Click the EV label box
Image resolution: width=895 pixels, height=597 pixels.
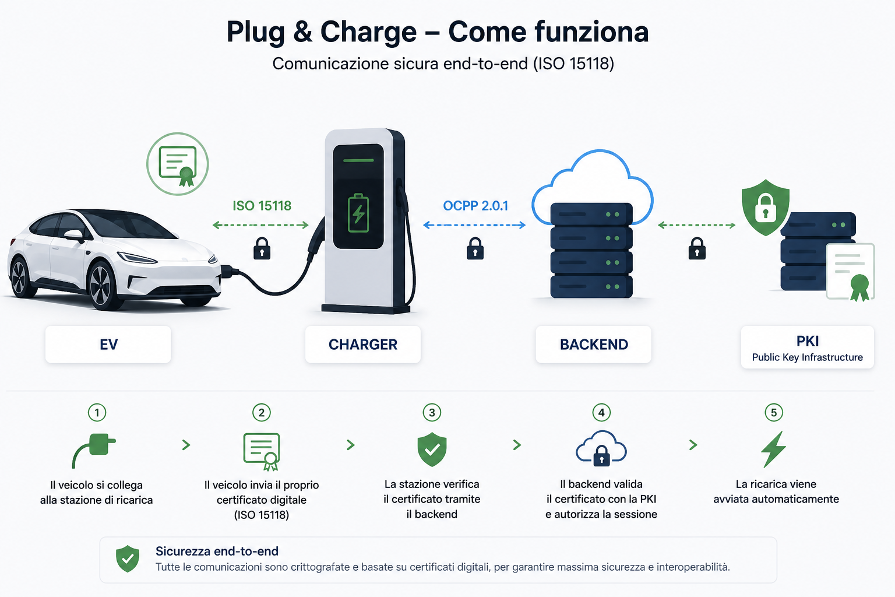[x=108, y=345]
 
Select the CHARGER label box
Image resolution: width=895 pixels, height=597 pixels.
[x=363, y=345]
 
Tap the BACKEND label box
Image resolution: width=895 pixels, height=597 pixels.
[x=593, y=345]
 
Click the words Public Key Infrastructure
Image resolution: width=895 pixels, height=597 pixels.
[x=807, y=357]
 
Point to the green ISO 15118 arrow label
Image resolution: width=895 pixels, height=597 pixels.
[x=262, y=206]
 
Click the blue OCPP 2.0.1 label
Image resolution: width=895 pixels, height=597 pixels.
[x=475, y=206]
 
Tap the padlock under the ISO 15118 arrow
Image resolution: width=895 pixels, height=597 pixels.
[x=262, y=248]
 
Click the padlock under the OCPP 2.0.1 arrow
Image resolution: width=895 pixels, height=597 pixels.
[x=475, y=248]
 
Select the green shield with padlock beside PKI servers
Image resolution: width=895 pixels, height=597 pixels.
[x=766, y=207]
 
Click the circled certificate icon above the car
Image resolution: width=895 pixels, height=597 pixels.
[x=177, y=164]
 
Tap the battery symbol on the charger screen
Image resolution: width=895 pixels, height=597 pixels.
[x=358, y=213]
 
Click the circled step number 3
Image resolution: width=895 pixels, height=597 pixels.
[x=432, y=412]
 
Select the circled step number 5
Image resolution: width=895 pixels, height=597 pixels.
[x=774, y=412]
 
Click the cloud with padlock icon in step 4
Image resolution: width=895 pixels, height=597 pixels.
[x=601, y=448]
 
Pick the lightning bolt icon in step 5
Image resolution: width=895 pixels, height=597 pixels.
[x=774, y=449]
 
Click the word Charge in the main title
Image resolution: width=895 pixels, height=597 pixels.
[x=368, y=32]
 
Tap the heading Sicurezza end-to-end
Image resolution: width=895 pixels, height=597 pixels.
[x=217, y=551]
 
